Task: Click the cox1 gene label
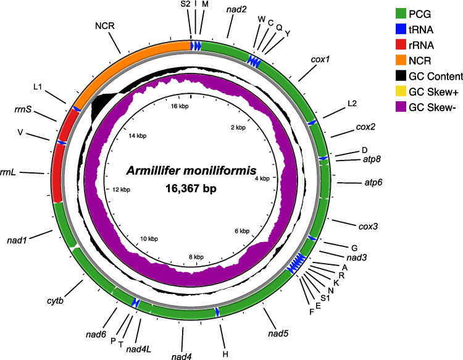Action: pyautogui.click(x=320, y=60)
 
